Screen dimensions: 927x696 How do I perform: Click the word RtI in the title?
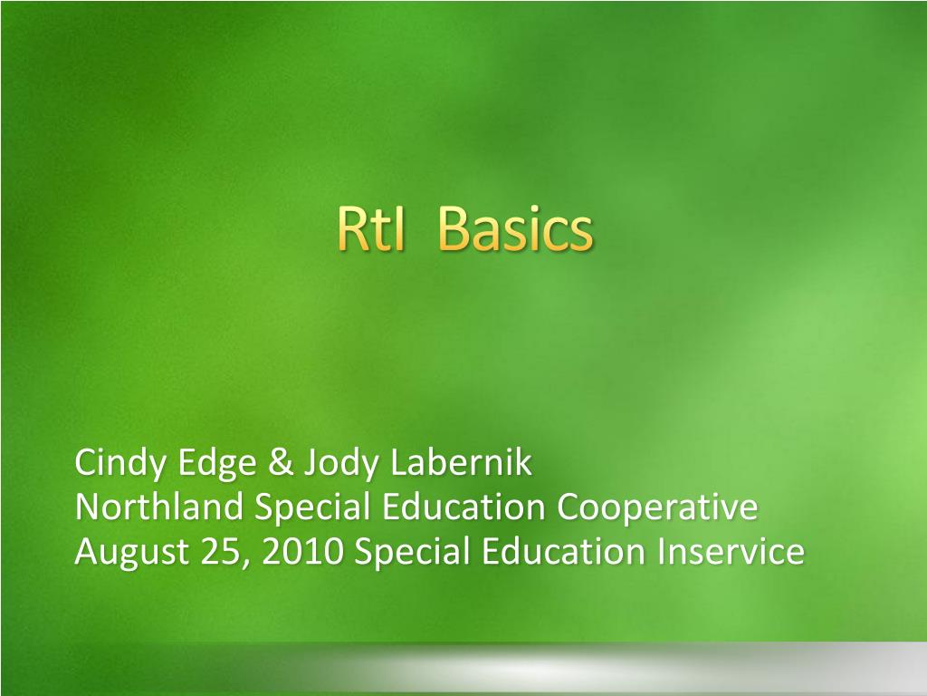click(371, 229)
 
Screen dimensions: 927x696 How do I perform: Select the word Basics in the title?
click(515, 229)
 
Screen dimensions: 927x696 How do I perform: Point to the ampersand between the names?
click(281, 463)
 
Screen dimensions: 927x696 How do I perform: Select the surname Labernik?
click(461, 462)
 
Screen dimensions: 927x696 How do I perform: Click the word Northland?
click(159, 507)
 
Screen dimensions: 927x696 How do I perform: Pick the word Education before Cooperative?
click(463, 507)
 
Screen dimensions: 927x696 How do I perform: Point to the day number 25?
click(219, 552)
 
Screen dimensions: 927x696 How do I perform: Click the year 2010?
click(302, 552)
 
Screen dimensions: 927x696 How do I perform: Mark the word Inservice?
click(731, 552)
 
